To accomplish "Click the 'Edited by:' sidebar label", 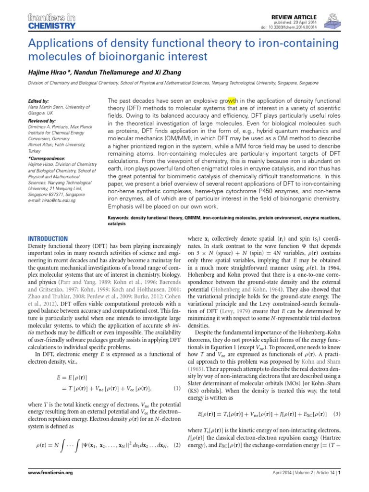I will coord(39,101).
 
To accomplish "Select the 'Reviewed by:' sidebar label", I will coord(42,121).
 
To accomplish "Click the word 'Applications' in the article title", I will coord(58,44).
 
